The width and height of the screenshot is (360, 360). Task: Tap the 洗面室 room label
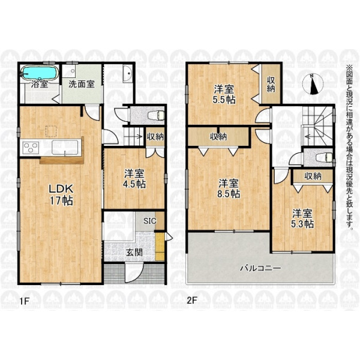[x=82, y=84]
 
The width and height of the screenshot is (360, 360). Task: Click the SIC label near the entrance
[x=149, y=221]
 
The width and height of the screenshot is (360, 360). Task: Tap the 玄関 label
[x=134, y=253]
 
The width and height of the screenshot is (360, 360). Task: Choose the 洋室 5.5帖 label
[x=224, y=94]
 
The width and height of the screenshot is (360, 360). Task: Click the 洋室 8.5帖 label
[x=229, y=188]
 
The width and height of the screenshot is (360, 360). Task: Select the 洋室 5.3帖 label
[x=302, y=219]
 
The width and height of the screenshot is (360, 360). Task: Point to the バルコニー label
[x=260, y=268]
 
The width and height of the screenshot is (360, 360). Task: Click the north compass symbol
[x=313, y=84]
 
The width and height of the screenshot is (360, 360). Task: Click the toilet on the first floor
[x=156, y=115]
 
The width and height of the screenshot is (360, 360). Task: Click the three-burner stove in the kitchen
[x=31, y=147]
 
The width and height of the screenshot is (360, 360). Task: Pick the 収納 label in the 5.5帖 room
[x=271, y=84]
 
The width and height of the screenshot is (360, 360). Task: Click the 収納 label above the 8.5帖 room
[x=218, y=137]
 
